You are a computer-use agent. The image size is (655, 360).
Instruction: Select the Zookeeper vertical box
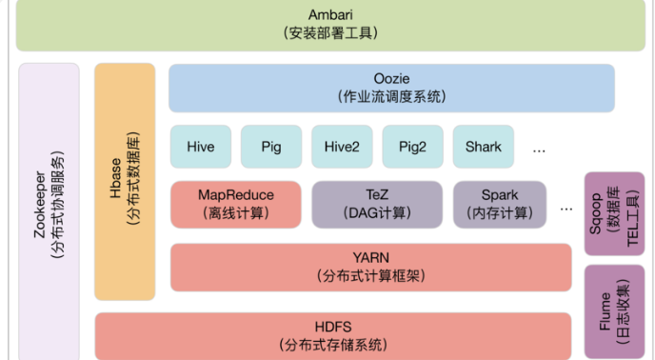[x=48, y=210]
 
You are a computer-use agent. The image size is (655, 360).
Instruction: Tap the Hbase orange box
[x=125, y=181]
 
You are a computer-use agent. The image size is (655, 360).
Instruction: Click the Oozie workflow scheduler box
[x=391, y=88]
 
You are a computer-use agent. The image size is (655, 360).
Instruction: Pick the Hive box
[x=201, y=147]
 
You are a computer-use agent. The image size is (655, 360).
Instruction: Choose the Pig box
[x=271, y=147]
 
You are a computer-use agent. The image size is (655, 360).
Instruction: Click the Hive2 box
[x=342, y=147]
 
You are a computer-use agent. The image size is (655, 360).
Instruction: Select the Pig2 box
[x=412, y=147]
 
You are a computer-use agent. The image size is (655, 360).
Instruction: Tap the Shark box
[x=483, y=147]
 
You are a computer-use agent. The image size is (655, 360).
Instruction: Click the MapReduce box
[x=235, y=204]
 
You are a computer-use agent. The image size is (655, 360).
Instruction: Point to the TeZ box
[x=377, y=204]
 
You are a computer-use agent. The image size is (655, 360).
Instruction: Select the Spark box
[x=500, y=204]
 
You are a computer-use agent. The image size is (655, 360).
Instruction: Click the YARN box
[x=370, y=267]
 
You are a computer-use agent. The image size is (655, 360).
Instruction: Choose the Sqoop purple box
[x=614, y=213]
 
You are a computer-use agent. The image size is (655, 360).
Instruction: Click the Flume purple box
[x=614, y=310]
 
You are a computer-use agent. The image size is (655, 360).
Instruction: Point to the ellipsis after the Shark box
[x=539, y=150]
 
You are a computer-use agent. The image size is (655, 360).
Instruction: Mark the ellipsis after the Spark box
[x=567, y=207]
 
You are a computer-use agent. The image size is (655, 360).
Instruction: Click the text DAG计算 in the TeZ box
[x=377, y=212]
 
